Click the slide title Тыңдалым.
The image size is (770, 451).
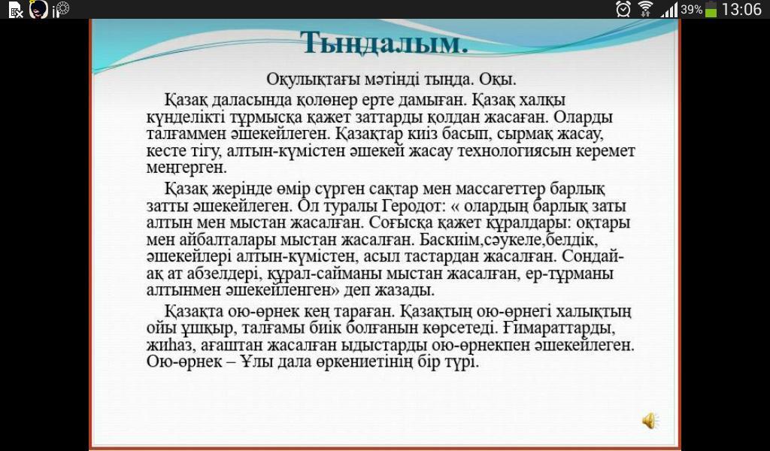click(384, 43)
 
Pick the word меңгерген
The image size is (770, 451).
click(186, 168)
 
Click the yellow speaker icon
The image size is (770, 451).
click(650, 421)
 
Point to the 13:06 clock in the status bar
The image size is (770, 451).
click(741, 9)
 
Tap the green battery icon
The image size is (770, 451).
click(711, 9)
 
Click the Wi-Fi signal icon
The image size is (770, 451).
click(646, 9)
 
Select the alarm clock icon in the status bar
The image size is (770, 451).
click(623, 9)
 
